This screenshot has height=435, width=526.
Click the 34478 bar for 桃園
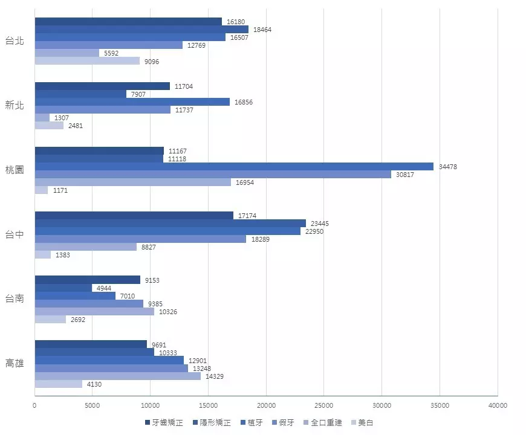pos(234,167)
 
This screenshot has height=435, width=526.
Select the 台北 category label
pos(15,41)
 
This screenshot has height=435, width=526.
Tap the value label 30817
pos(405,175)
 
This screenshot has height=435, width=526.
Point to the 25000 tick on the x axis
pos(324,405)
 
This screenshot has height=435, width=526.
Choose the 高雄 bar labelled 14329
pos(117,376)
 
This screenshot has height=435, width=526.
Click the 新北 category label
pos(15,106)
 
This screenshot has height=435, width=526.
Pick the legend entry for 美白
pos(362,423)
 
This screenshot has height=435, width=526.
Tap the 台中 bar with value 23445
pos(170,224)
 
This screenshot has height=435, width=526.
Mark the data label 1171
pos(60,190)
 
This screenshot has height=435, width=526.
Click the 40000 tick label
pos(497,405)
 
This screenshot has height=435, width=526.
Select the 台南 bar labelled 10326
pos(94,312)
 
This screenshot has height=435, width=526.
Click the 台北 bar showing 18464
pos(141,30)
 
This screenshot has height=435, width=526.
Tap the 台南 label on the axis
pos(15,298)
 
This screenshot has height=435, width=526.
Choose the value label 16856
pos(243,102)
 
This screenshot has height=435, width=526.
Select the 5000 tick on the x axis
pos(93,405)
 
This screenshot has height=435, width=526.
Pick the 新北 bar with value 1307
pos(42,118)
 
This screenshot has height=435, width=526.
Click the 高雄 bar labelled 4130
pos(58,384)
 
